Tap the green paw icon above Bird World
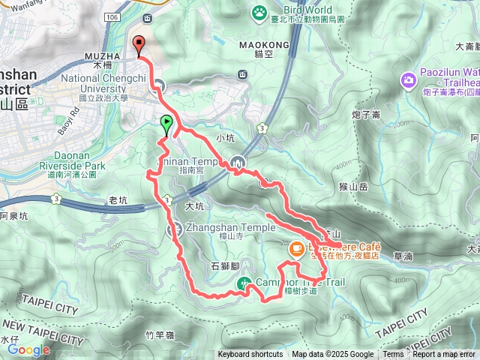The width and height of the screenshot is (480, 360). pyautogui.click(x=259, y=11)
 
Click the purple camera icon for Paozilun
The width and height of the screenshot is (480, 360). pyautogui.click(x=408, y=79)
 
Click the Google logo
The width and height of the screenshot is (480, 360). pyautogui.click(x=28, y=349)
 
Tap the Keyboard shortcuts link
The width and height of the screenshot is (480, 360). pyautogui.click(x=250, y=355)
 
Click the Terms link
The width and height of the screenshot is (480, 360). pyautogui.click(x=393, y=355)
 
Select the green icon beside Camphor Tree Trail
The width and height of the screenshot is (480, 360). pyautogui.click(x=244, y=283)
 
